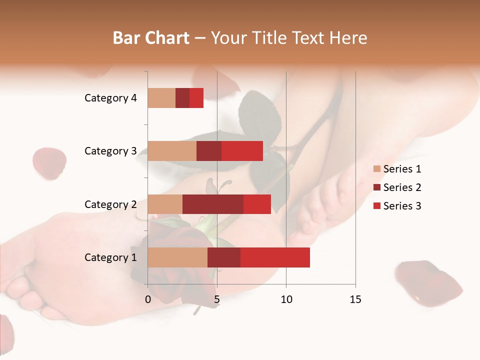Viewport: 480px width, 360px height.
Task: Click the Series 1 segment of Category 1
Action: pyautogui.click(x=177, y=257)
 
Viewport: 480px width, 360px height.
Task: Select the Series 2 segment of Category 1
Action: pyautogui.click(x=224, y=257)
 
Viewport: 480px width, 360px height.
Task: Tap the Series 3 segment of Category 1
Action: pyautogui.click(x=275, y=257)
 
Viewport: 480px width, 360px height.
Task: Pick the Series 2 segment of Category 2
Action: pyautogui.click(x=213, y=204)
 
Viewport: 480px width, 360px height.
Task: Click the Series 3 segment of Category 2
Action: pyautogui.click(x=257, y=204)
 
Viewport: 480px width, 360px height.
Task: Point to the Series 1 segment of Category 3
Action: pyautogui.click(x=172, y=151)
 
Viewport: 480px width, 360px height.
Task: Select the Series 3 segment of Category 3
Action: pyautogui.click(x=242, y=151)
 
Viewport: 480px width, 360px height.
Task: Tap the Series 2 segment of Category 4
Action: pyautogui.click(x=182, y=98)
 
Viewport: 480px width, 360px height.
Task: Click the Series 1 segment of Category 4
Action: pyautogui.click(x=161, y=98)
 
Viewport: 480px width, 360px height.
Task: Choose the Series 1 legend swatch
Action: pyautogui.click(x=376, y=169)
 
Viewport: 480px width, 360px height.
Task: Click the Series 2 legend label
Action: pyautogui.click(x=402, y=187)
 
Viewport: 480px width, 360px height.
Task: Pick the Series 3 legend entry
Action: pyautogui.click(x=397, y=206)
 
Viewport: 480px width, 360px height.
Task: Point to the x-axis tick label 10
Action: pyautogui.click(x=286, y=299)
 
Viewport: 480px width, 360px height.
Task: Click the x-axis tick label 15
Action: pyautogui.click(x=355, y=299)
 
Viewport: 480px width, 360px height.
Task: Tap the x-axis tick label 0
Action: pyautogui.click(x=147, y=299)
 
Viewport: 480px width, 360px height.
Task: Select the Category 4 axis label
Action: pyautogui.click(x=110, y=98)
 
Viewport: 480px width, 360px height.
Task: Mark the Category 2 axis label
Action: pyautogui.click(x=110, y=204)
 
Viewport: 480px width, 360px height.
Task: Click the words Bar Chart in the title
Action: pyautogui.click(x=151, y=37)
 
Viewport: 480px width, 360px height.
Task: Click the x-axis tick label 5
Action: pyautogui.click(x=216, y=299)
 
